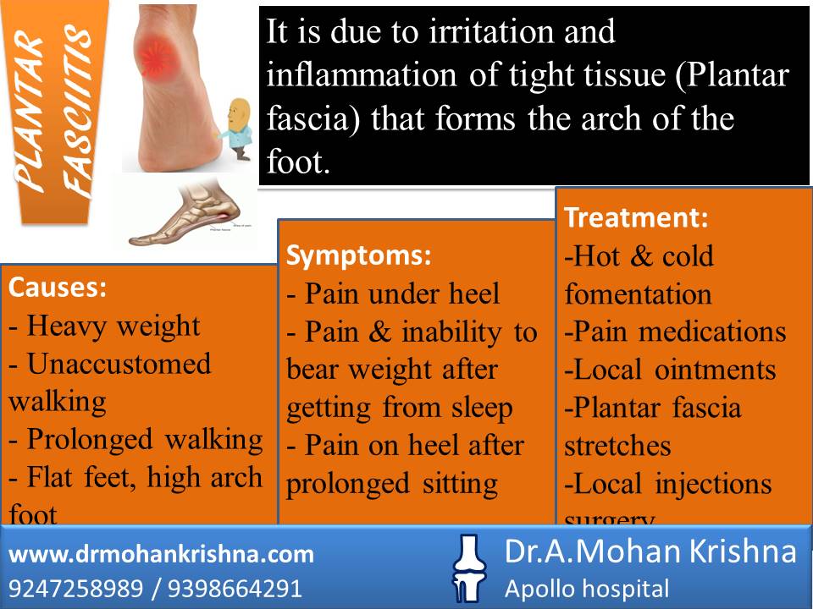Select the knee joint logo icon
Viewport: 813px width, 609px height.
pos(467,568)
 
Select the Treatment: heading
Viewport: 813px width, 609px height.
pos(636,217)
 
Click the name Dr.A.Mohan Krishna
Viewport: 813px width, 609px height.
pos(650,552)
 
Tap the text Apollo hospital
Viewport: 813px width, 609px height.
pos(587,589)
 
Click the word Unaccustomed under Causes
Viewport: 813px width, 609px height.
pos(119,364)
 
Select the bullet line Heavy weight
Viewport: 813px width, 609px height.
pos(105,326)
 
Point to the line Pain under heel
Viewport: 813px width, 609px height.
pos(394,294)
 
